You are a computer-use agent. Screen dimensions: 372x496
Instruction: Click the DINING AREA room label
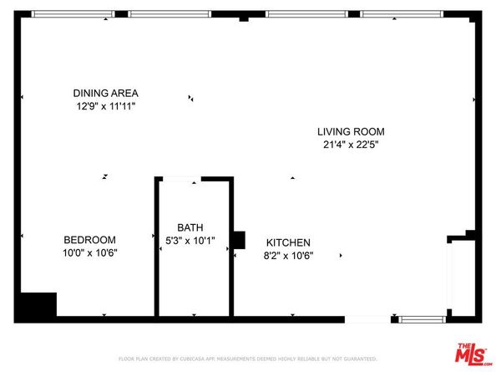click(105, 93)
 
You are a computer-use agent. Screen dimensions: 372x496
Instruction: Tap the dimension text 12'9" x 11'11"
click(105, 106)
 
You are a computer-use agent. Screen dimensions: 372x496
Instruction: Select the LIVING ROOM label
click(350, 131)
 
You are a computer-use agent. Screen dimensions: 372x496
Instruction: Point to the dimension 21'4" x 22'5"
click(350, 145)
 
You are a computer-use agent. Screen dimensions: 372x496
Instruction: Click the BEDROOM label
click(90, 240)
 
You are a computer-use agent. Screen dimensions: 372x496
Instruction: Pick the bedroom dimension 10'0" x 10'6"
click(90, 253)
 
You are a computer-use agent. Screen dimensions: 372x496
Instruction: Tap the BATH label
click(190, 227)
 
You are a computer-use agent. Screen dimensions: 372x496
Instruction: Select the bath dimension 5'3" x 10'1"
click(190, 241)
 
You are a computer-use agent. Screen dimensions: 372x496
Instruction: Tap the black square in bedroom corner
click(38, 304)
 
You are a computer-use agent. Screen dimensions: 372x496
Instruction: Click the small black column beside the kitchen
click(238, 240)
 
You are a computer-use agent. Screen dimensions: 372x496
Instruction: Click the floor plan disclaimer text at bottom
click(248, 359)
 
